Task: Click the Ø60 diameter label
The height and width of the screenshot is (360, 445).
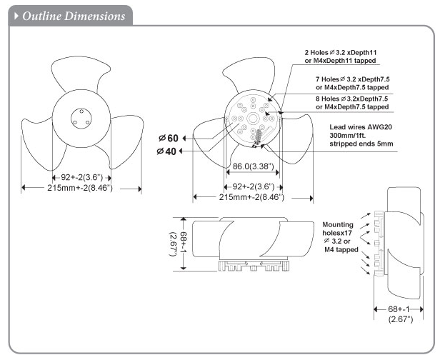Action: [x=171, y=137]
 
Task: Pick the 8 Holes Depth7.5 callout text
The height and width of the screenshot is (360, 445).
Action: [x=351, y=102]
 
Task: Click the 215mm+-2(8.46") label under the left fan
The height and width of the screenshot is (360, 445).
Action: [x=78, y=187]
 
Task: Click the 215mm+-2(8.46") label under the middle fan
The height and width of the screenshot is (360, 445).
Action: [x=251, y=196]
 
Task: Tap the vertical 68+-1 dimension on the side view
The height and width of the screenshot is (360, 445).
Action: [x=175, y=244]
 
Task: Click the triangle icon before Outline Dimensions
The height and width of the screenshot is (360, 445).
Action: [x=16, y=15]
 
